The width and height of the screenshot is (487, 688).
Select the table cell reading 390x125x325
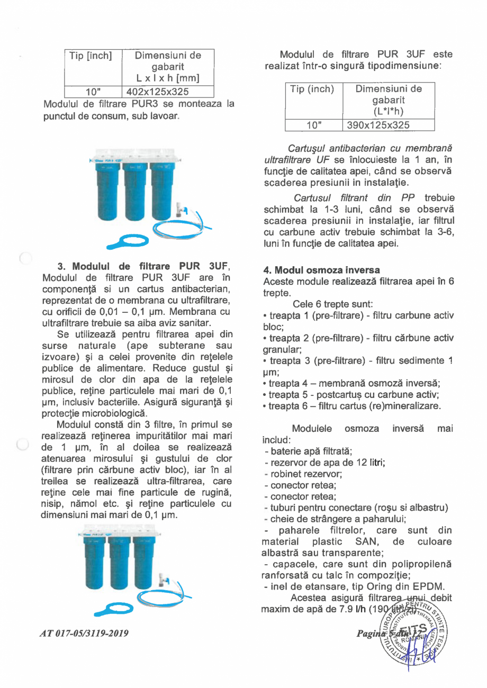click(x=377, y=125)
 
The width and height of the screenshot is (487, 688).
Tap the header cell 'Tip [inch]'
click(x=91, y=56)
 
